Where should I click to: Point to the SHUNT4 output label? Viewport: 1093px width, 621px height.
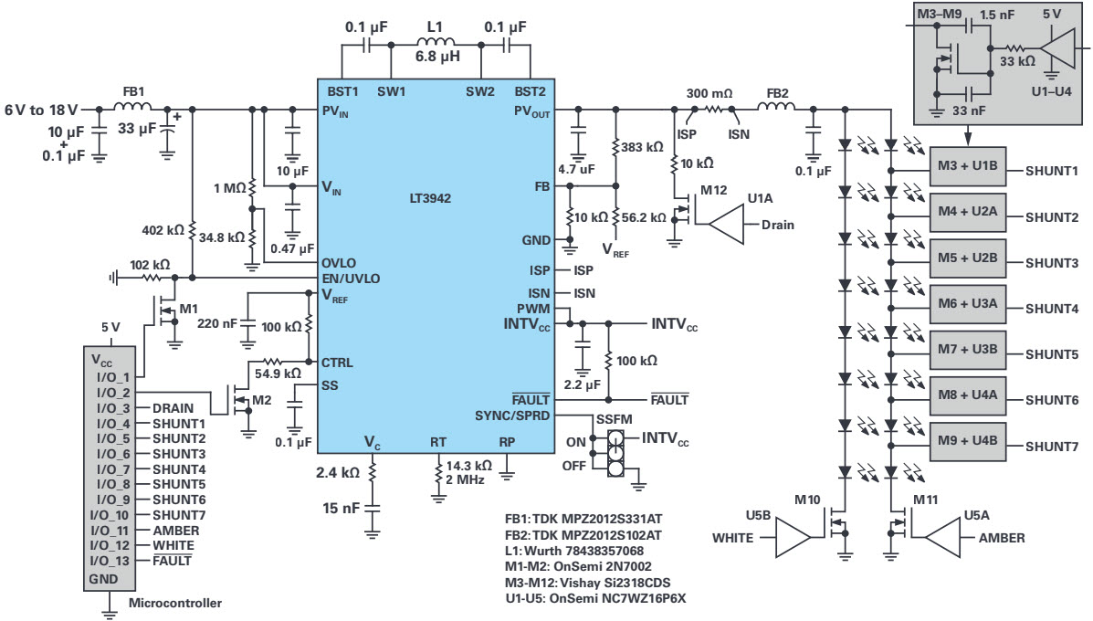click(x=1052, y=309)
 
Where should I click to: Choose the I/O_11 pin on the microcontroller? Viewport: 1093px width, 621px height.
click(x=114, y=530)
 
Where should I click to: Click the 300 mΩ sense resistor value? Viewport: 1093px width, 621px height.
click(x=709, y=94)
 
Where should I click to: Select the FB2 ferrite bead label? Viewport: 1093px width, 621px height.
click(x=778, y=94)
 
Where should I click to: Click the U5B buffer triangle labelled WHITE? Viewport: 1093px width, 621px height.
click(x=793, y=537)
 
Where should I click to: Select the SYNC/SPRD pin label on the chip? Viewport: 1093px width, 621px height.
click(x=512, y=416)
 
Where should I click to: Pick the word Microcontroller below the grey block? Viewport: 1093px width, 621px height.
click(x=175, y=602)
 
